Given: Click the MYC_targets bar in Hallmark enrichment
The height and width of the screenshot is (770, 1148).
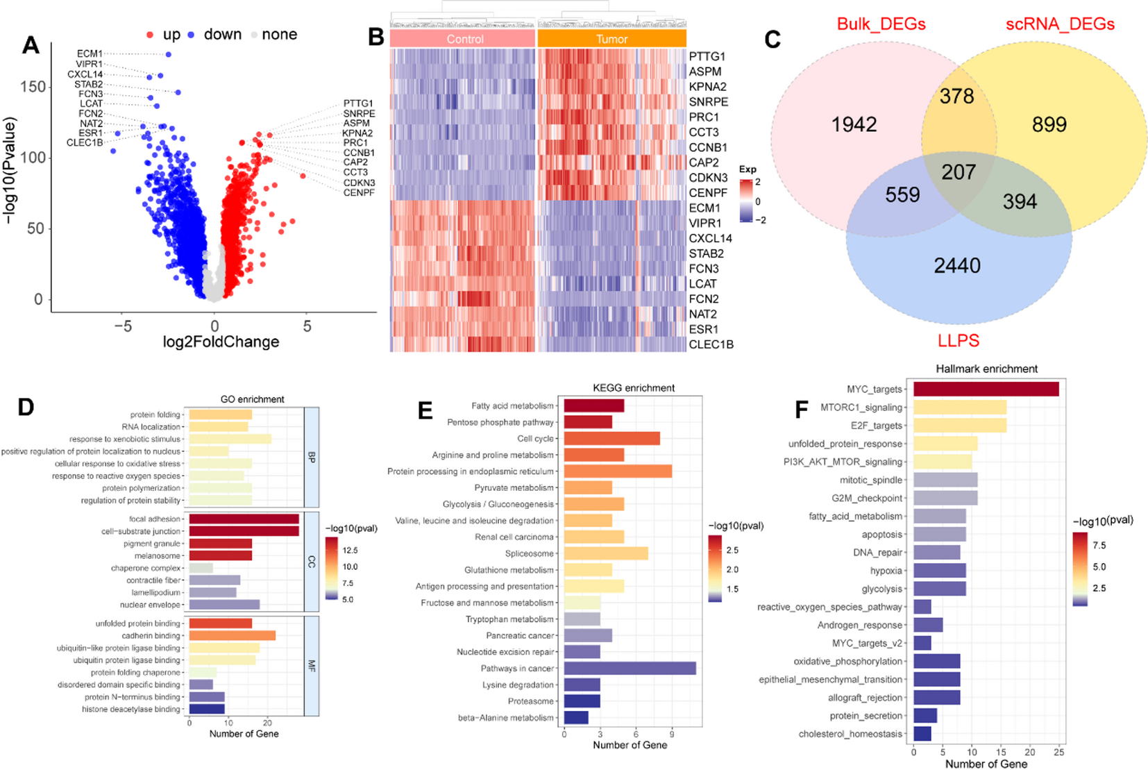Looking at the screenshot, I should (x=986, y=389).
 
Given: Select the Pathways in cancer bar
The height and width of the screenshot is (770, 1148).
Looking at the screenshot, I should (x=630, y=668).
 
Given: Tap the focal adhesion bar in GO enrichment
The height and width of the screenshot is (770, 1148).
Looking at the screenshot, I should (x=244, y=519).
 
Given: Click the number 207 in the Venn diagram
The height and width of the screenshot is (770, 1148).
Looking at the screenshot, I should (x=959, y=172).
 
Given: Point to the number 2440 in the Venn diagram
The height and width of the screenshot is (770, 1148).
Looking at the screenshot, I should (x=957, y=265).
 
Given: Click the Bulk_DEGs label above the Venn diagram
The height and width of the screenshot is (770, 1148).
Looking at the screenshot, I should (x=881, y=24).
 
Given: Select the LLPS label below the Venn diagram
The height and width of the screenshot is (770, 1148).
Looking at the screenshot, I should (x=958, y=340).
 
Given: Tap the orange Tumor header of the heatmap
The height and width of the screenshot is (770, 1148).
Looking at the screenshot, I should (x=611, y=39).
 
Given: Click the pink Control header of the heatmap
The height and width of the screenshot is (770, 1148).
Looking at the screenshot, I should (x=464, y=39).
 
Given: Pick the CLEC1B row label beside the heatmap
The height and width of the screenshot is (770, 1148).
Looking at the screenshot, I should (x=711, y=344).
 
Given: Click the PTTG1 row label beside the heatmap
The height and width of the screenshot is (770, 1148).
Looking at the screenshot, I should (x=707, y=56).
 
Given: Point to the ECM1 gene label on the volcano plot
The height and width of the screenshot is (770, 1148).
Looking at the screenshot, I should (x=90, y=53).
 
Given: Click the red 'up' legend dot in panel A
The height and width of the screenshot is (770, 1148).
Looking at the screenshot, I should (x=150, y=35).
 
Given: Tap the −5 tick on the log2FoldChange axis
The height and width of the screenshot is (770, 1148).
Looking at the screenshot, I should (x=123, y=326).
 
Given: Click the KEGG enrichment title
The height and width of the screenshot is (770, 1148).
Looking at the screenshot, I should (x=633, y=387).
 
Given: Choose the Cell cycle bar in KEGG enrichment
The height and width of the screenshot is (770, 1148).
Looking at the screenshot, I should (x=611, y=439).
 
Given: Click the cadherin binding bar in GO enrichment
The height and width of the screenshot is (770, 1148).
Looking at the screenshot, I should (x=232, y=635).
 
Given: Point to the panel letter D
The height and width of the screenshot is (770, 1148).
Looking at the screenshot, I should (x=26, y=407).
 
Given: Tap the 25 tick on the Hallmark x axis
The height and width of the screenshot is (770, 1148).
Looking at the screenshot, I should (x=1058, y=752).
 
